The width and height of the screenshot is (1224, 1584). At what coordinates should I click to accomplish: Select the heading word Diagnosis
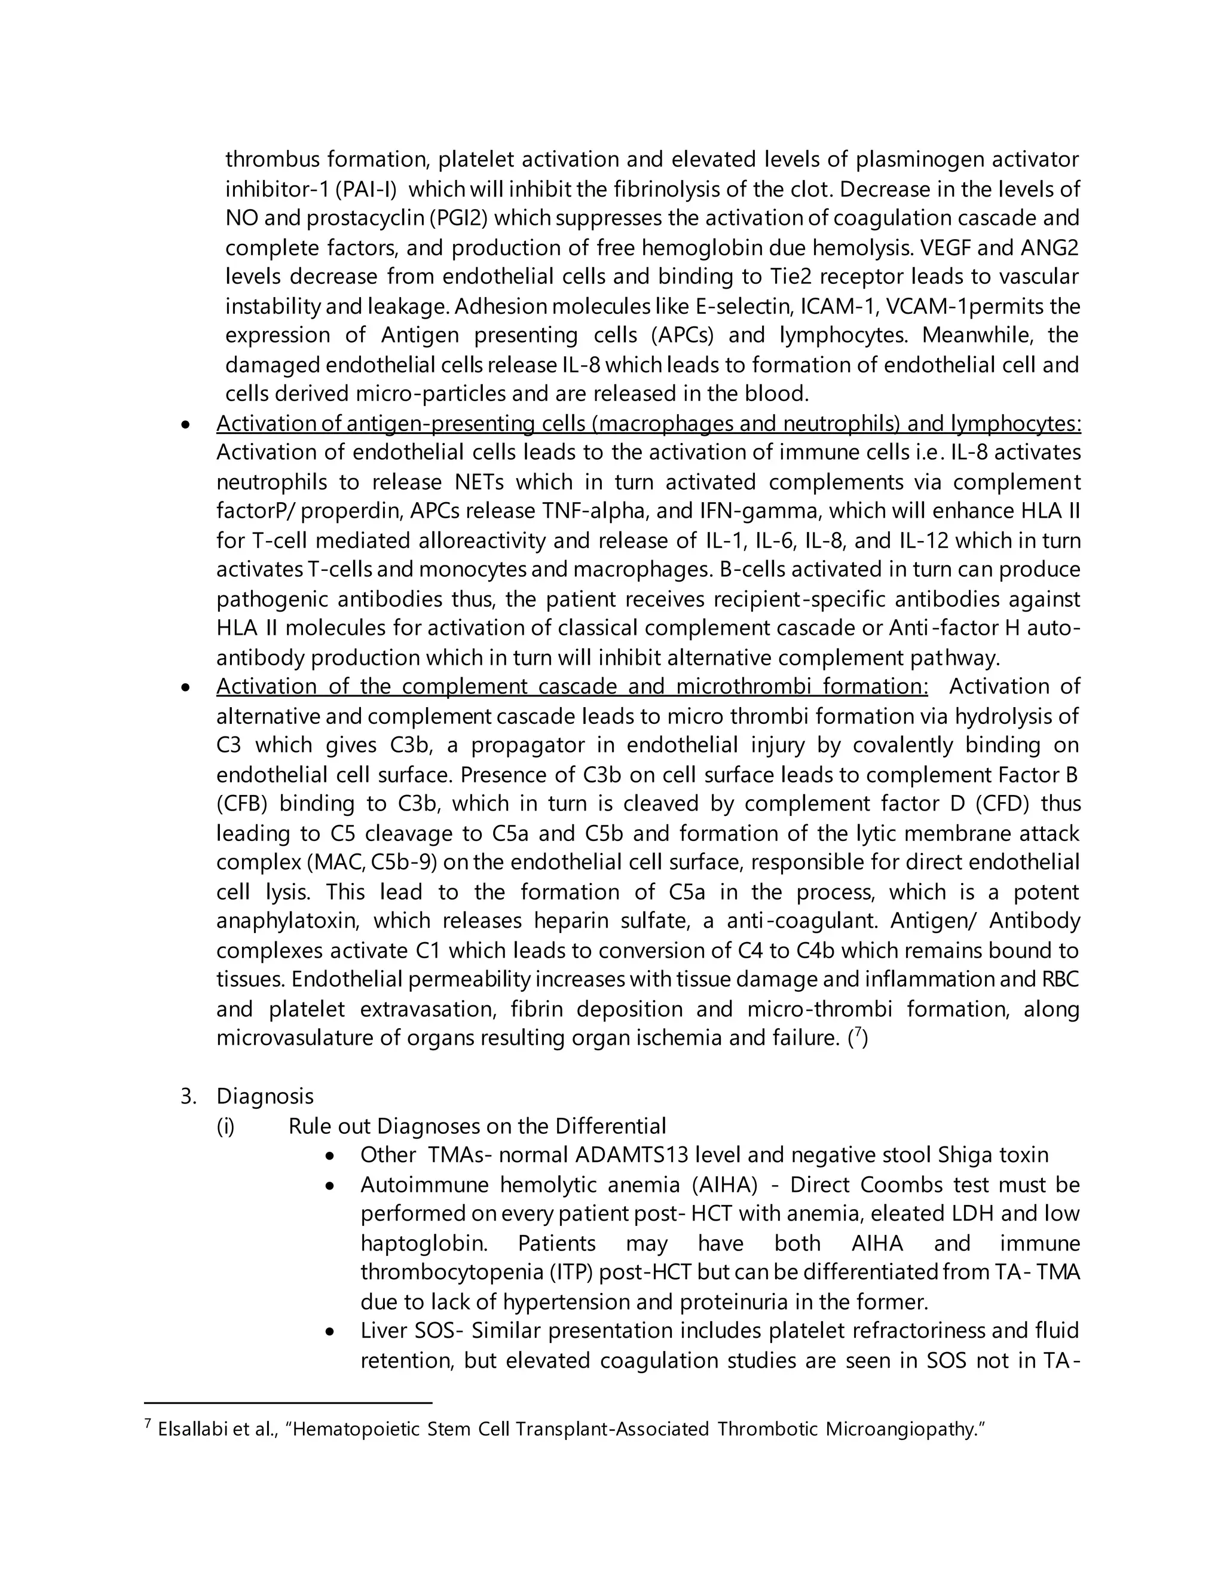265,1097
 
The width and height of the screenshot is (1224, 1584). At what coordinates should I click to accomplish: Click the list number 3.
188,1097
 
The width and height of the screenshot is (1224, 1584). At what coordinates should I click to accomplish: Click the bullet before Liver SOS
331,1332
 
